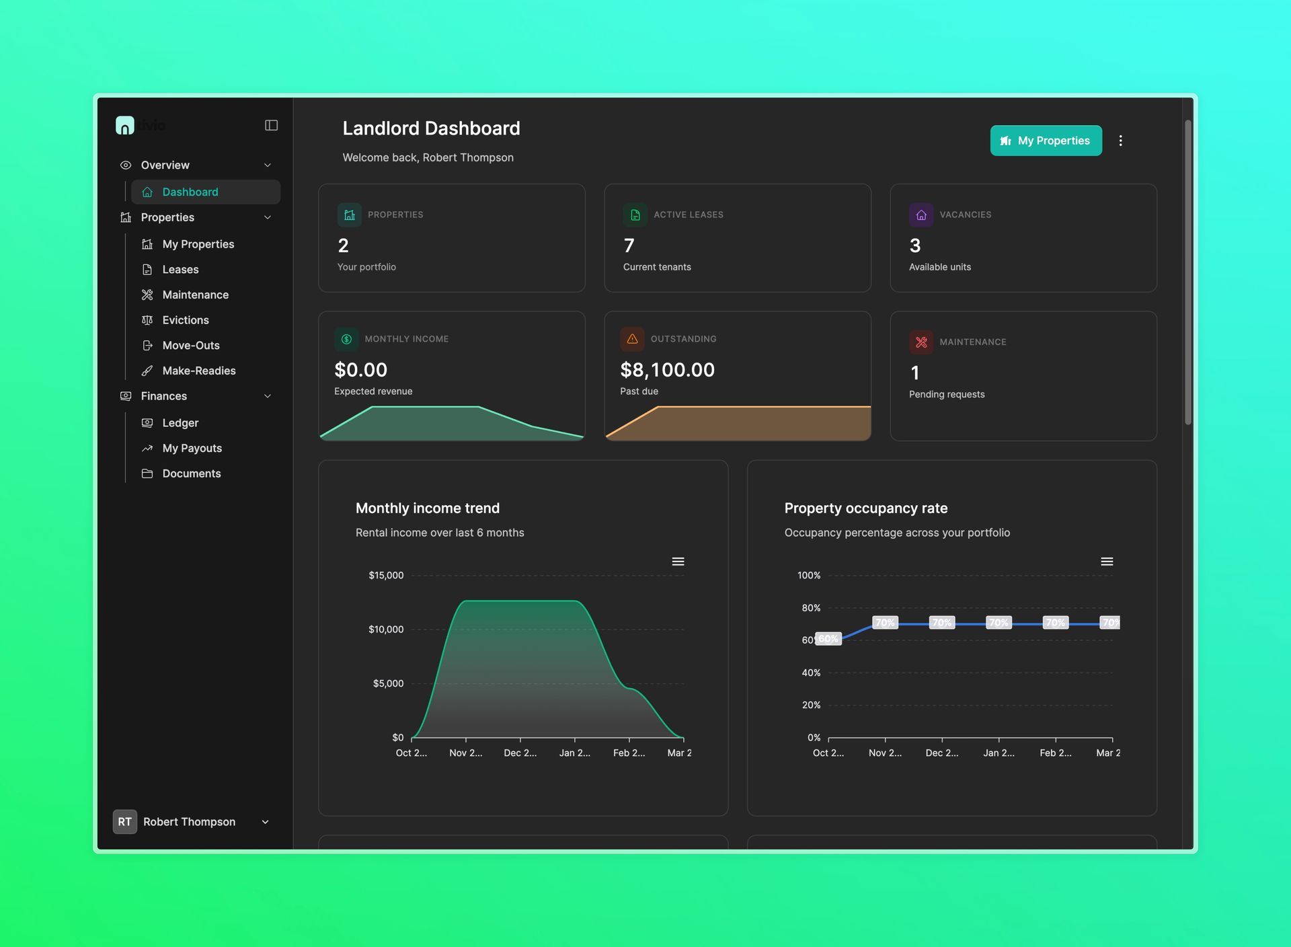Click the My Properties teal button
tap(1046, 141)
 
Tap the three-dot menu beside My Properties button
tap(1120, 141)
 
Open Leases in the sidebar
tap(180, 269)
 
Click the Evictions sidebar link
tap(185, 320)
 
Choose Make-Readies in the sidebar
tap(198, 371)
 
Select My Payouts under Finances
tap(192, 448)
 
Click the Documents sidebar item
tap(191, 473)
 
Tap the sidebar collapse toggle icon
tap(271, 125)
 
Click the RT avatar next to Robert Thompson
tap(125, 821)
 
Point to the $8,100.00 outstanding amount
tap(667, 370)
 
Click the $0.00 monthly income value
tap(360, 370)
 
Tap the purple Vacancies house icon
tap(921, 215)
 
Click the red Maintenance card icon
tap(921, 342)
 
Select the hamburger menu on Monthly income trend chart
tap(678, 562)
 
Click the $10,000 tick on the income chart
tap(386, 630)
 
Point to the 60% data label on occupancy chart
tap(828, 639)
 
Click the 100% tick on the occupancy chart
tap(809, 575)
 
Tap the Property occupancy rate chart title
tap(865, 508)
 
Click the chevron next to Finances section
tap(268, 396)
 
